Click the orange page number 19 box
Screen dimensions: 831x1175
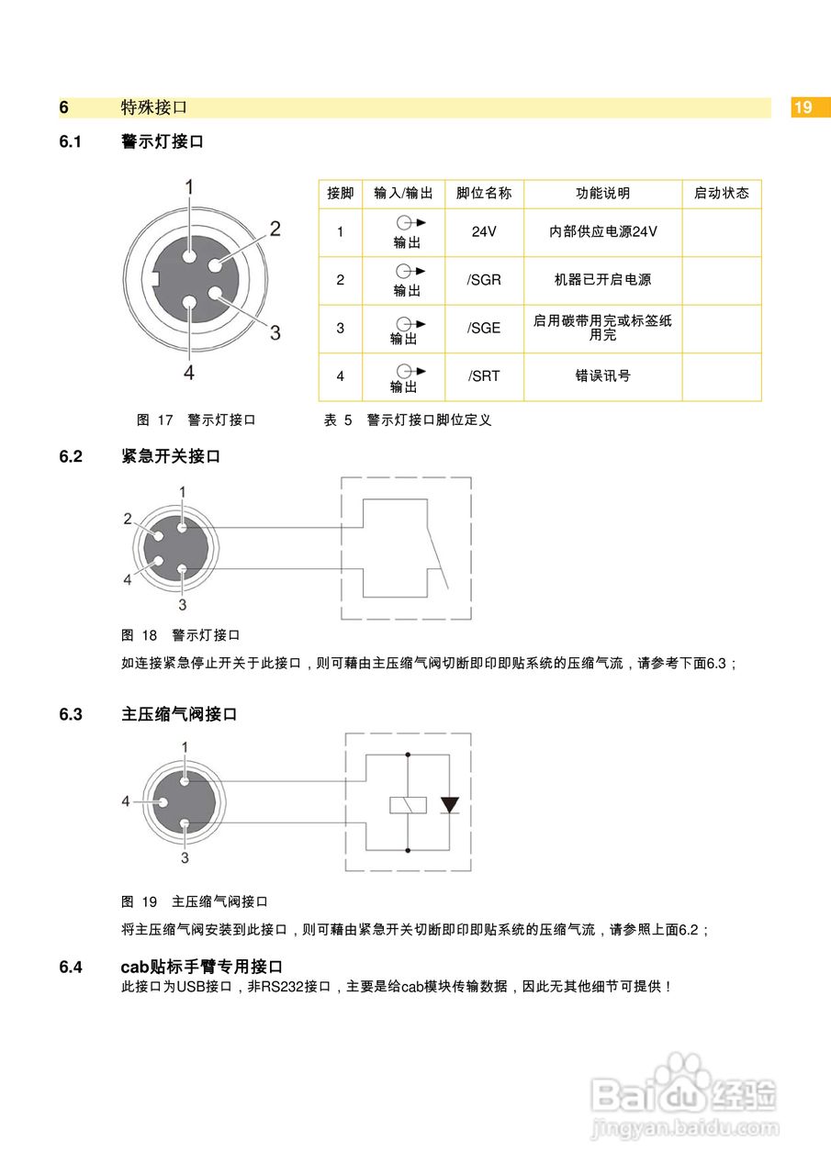tap(803, 107)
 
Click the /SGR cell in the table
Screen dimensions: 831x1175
tap(484, 280)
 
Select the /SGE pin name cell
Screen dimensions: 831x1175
tap(484, 328)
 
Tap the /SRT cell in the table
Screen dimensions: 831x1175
tap(484, 376)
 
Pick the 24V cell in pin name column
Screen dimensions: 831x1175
tap(484, 231)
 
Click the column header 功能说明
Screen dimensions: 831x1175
tap(602, 194)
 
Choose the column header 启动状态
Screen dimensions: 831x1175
tap(721, 194)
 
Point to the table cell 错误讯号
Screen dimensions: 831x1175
tap(602, 376)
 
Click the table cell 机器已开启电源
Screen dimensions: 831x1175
tap(602, 280)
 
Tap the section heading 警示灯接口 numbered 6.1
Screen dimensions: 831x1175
tap(162, 142)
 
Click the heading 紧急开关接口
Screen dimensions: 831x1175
tap(171, 456)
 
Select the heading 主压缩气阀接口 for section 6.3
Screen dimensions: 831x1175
tap(179, 714)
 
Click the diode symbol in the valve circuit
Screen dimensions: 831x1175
tap(449, 805)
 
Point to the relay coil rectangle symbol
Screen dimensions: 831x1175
tap(408, 805)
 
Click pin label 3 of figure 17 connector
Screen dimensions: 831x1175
tap(275, 332)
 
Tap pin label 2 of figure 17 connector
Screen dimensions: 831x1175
tap(275, 229)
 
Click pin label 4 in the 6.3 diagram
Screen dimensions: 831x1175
tap(126, 801)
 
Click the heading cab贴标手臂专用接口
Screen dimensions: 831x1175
tap(201, 967)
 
